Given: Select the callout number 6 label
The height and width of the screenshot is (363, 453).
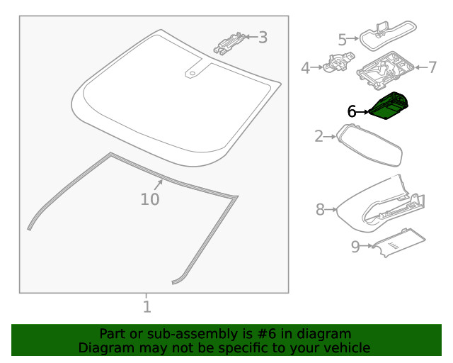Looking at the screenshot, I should [x=352, y=111].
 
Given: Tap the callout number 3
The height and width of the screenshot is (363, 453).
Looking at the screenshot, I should [x=263, y=38].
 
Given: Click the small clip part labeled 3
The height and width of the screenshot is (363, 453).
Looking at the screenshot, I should [x=230, y=43].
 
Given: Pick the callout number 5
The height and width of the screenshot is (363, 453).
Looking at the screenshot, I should [x=342, y=39].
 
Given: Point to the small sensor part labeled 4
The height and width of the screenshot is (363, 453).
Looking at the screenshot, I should [x=335, y=66].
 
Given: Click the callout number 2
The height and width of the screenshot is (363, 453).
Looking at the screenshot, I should [x=319, y=135].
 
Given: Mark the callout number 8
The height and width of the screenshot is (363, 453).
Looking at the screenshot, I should [x=320, y=209].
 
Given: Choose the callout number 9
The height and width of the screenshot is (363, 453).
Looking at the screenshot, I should [x=355, y=246].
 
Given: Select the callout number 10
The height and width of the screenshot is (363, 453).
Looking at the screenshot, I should [x=149, y=199].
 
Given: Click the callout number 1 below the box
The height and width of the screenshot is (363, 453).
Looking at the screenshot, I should [x=147, y=306].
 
